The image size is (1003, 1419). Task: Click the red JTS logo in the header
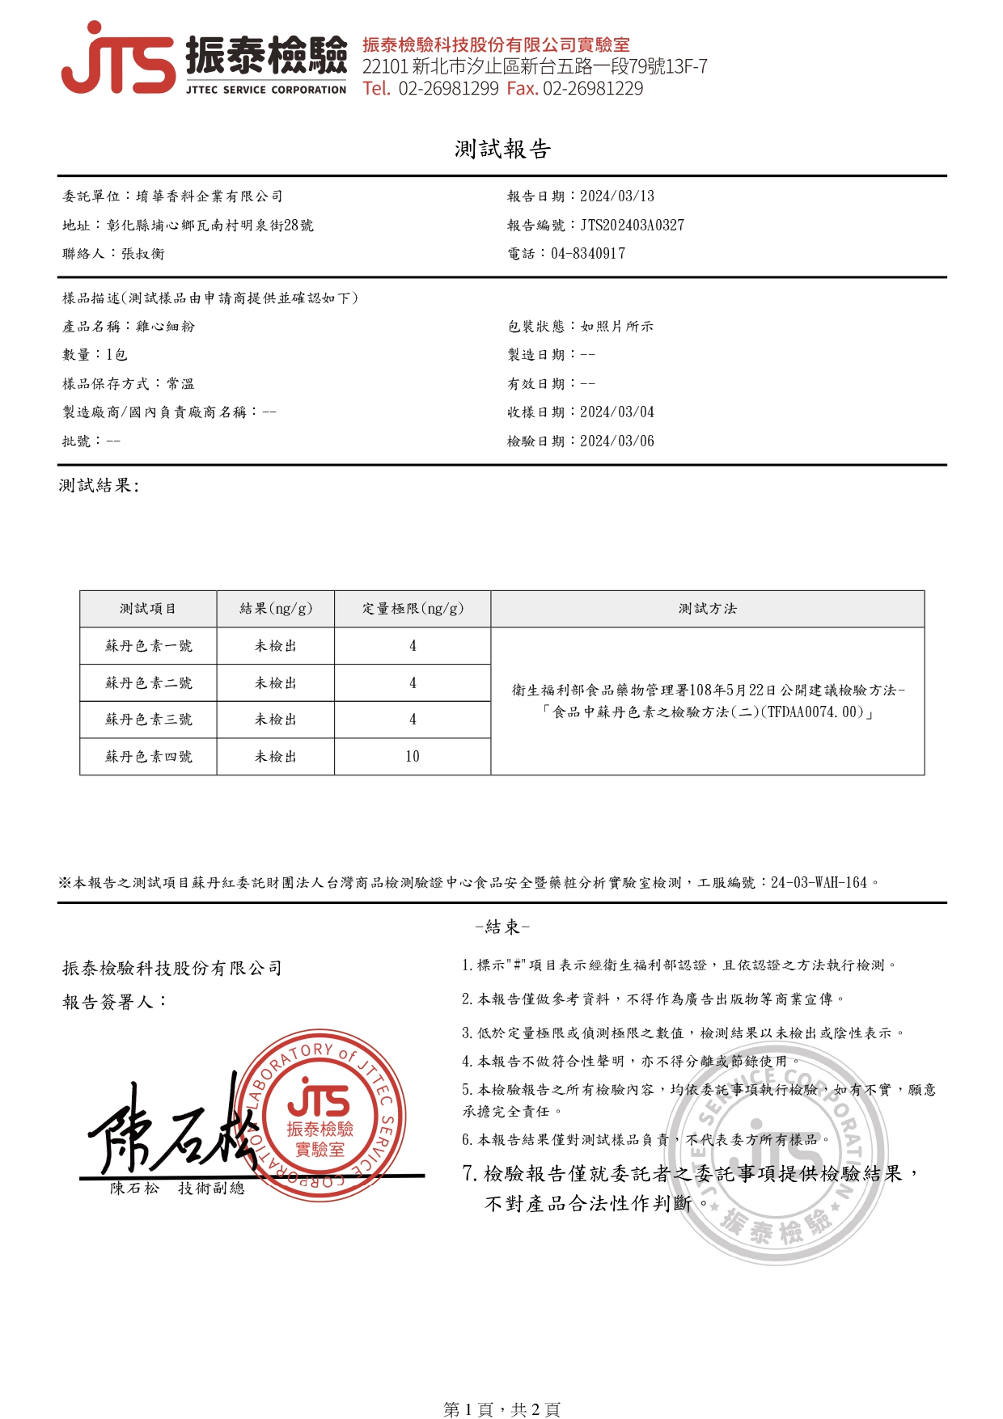118,58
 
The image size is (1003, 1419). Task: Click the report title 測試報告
501,149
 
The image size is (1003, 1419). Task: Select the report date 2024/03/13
616,196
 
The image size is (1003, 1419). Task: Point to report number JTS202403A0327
632,225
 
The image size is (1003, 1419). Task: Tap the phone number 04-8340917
587,254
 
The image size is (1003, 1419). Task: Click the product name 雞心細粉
165,327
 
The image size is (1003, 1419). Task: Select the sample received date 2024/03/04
616,412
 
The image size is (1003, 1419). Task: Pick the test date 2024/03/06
616,441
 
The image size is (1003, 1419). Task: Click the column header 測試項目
148,609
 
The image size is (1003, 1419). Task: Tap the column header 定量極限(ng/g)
413,609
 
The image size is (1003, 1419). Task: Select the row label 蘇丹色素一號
148,646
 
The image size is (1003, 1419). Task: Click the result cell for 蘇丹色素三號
275,720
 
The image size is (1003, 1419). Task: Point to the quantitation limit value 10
413,757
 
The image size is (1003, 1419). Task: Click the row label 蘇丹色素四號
148,757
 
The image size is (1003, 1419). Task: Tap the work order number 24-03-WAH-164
819,883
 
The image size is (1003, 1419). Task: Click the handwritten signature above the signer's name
170,1128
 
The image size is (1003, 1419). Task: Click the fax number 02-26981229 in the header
593,89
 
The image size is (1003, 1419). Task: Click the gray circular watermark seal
777,1156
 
